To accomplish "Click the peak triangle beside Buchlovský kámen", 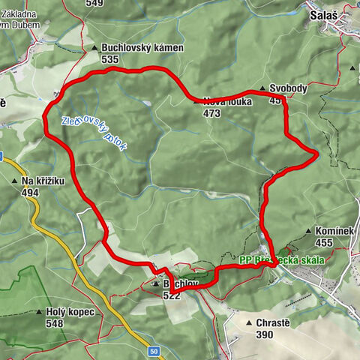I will coord(94,49).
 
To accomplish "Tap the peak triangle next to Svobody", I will coord(262,89).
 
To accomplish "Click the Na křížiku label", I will coord(43,181).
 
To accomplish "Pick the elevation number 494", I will coord(30,192).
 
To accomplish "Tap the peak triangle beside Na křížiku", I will coord(14,181).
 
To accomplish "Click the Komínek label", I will coord(334,232).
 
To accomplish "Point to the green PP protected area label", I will coord(282,260).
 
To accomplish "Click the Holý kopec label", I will coord(70,312).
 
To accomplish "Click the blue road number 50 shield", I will coord(153,350).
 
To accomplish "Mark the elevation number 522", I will coord(172,295).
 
